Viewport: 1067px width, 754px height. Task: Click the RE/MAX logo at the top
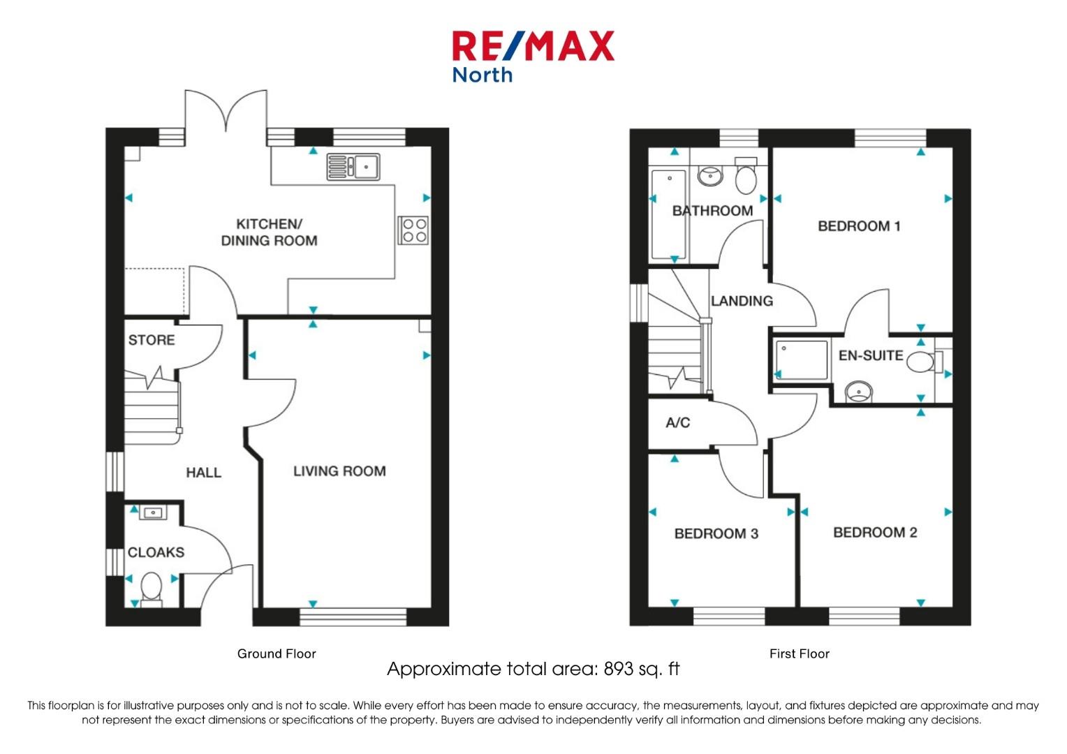coord(533,57)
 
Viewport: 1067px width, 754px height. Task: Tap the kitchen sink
coord(353,167)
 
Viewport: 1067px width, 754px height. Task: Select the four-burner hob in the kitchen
coord(413,230)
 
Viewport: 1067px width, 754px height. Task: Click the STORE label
coord(152,340)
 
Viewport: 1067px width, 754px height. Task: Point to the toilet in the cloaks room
coord(152,590)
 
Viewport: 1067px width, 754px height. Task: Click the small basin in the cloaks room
coord(153,513)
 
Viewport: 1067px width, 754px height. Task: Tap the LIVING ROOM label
coord(339,471)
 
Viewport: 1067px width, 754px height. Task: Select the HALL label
coord(203,473)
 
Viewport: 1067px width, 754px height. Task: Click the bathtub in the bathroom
coord(669,214)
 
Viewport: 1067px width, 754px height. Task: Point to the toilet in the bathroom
coord(746,176)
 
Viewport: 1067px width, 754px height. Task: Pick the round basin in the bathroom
coord(710,175)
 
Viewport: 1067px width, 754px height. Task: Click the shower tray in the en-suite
coord(801,360)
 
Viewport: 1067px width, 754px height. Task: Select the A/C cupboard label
coord(678,422)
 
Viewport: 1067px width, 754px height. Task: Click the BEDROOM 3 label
coord(716,533)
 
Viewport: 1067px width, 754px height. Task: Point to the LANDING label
coord(742,301)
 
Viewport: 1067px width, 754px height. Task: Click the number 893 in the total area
coord(619,670)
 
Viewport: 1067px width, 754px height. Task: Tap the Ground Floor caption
coord(277,653)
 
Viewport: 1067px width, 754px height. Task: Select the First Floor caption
coord(800,653)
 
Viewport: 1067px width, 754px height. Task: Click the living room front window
coord(353,616)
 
